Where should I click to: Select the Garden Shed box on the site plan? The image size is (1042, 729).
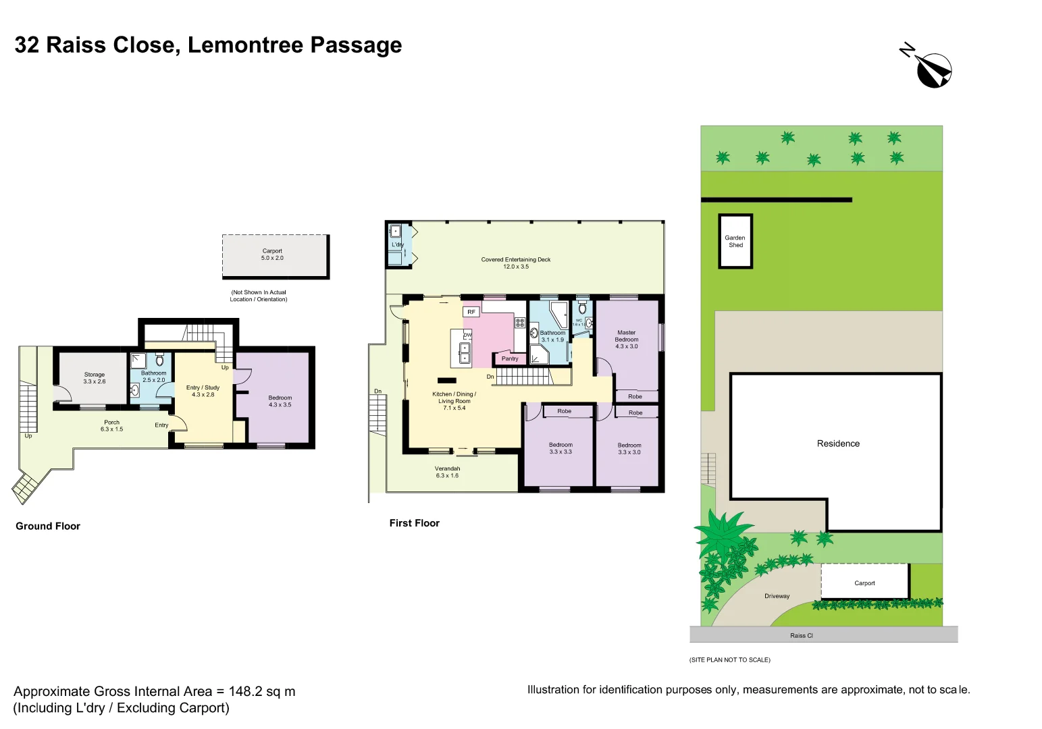click(x=735, y=242)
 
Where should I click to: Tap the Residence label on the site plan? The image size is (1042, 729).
click(x=838, y=443)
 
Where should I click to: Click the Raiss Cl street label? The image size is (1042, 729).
click(x=801, y=635)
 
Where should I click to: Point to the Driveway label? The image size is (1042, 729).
click(x=777, y=596)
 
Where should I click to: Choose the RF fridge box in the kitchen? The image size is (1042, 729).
click(x=471, y=312)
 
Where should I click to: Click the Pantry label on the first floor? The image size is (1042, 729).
click(x=510, y=358)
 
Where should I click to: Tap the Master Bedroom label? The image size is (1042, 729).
click(x=626, y=339)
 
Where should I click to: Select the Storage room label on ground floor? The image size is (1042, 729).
click(x=95, y=378)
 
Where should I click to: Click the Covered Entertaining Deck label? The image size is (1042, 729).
click(x=516, y=263)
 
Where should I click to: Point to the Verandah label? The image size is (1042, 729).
click(x=447, y=472)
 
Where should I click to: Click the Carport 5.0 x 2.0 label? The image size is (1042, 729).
click(x=272, y=254)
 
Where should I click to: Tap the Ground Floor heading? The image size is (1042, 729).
click(x=48, y=526)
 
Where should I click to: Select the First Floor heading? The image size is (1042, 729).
click(x=414, y=523)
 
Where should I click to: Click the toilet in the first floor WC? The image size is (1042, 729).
click(x=582, y=308)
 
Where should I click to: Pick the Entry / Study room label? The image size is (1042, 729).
click(x=203, y=391)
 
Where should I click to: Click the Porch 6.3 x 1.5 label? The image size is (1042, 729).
click(x=111, y=426)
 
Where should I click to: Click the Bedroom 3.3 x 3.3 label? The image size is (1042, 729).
click(x=561, y=448)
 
